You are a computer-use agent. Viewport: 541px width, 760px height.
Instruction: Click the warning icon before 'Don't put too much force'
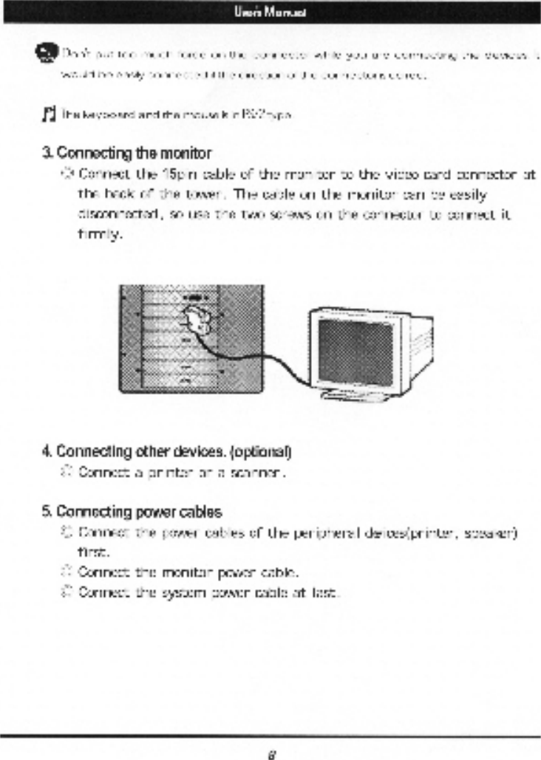pos(47,52)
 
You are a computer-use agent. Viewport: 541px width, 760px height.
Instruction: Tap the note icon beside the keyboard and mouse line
pos(49,113)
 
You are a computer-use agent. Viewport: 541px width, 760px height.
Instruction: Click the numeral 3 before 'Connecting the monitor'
pos(46,154)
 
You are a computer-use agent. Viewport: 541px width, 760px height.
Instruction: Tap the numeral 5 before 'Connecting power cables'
pos(46,511)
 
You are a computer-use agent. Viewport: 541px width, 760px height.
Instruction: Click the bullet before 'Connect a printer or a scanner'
pos(64,470)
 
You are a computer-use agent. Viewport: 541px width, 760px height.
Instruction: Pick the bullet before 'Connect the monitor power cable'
pos(64,571)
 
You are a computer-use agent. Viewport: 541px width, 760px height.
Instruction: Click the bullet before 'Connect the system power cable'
pos(64,591)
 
